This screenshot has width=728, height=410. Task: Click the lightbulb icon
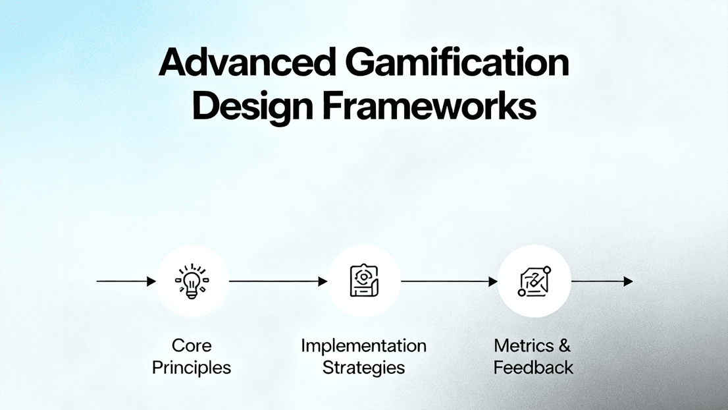click(x=192, y=281)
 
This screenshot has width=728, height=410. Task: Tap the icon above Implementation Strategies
click(x=363, y=281)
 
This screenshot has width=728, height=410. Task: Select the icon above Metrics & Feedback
click(x=534, y=281)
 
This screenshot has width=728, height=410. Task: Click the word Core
click(x=192, y=345)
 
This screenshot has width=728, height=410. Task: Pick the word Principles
click(x=192, y=367)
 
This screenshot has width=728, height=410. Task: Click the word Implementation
click(x=363, y=345)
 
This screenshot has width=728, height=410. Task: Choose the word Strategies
click(x=363, y=367)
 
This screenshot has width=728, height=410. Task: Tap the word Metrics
click(x=520, y=345)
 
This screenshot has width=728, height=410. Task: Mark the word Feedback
click(x=534, y=367)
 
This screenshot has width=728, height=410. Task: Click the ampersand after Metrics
click(x=563, y=345)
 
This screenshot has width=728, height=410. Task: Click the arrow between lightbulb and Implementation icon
click(x=278, y=281)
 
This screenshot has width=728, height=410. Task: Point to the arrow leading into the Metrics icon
click(x=449, y=281)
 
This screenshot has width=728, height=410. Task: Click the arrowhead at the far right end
click(x=629, y=281)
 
